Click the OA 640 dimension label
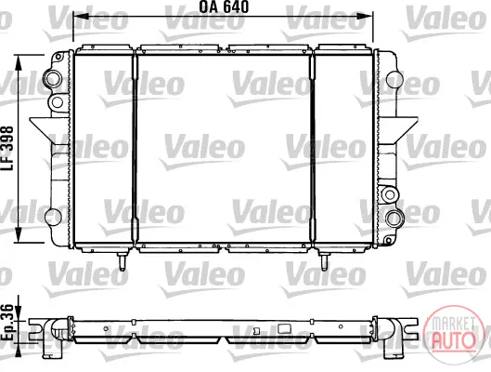(224, 7)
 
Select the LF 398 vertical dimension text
(7, 149)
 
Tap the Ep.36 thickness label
(7, 322)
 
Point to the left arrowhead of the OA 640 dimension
(81, 17)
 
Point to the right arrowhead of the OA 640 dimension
(366, 17)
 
